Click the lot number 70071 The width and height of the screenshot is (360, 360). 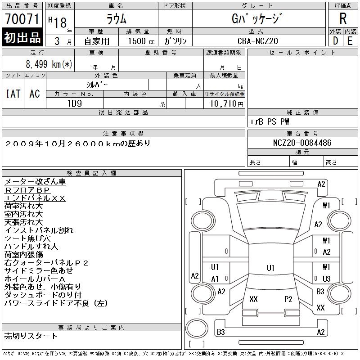pyautogui.click(x=22, y=18)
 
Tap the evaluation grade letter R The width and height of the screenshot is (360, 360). pyautogui.click(x=343, y=18)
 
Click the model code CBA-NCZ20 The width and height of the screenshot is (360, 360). pyautogui.click(x=258, y=41)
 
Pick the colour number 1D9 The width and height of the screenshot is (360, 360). pyautogui.click(x=74, y=103)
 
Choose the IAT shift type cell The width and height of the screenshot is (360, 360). pyautogui.click(x=13, y=94)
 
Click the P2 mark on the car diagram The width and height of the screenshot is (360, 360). pyautogui.click(x=288, y=299)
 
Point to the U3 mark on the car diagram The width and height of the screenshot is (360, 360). pyautogui.click(x=326, y=279)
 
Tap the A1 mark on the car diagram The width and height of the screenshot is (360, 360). pyautogui.click(x=215, y=279)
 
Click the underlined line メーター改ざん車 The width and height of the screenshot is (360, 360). pyautogui.click(x=35, y=182)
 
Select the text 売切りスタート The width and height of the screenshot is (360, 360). pyautogui.click(x=31, y=336)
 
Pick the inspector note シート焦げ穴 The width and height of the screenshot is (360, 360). pyautogui.click(x=27, y=238)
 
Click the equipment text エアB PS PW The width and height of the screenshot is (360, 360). pyautogui.click(x=270, y=122)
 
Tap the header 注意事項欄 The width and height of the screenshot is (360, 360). pyautogui.click(x=123, y=134)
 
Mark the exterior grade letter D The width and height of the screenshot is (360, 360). pyautogui.click(x=335, y=41)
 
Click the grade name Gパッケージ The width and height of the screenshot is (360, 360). pyautogui.click(x=258, y=18)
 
